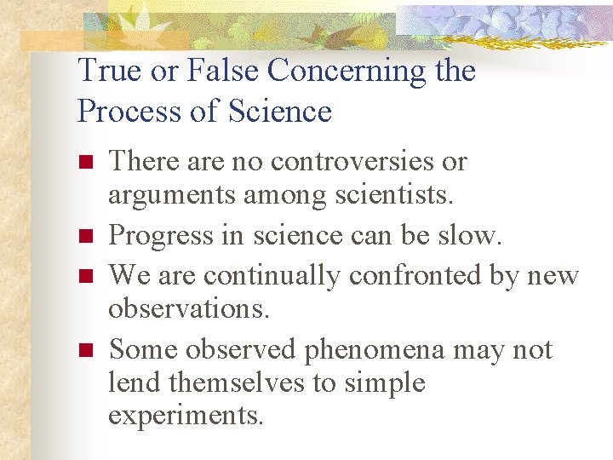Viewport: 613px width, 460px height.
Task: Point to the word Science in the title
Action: coord(278,111)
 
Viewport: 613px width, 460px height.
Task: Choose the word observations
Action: coord(188,308)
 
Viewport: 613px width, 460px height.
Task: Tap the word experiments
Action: coord(186,417)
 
